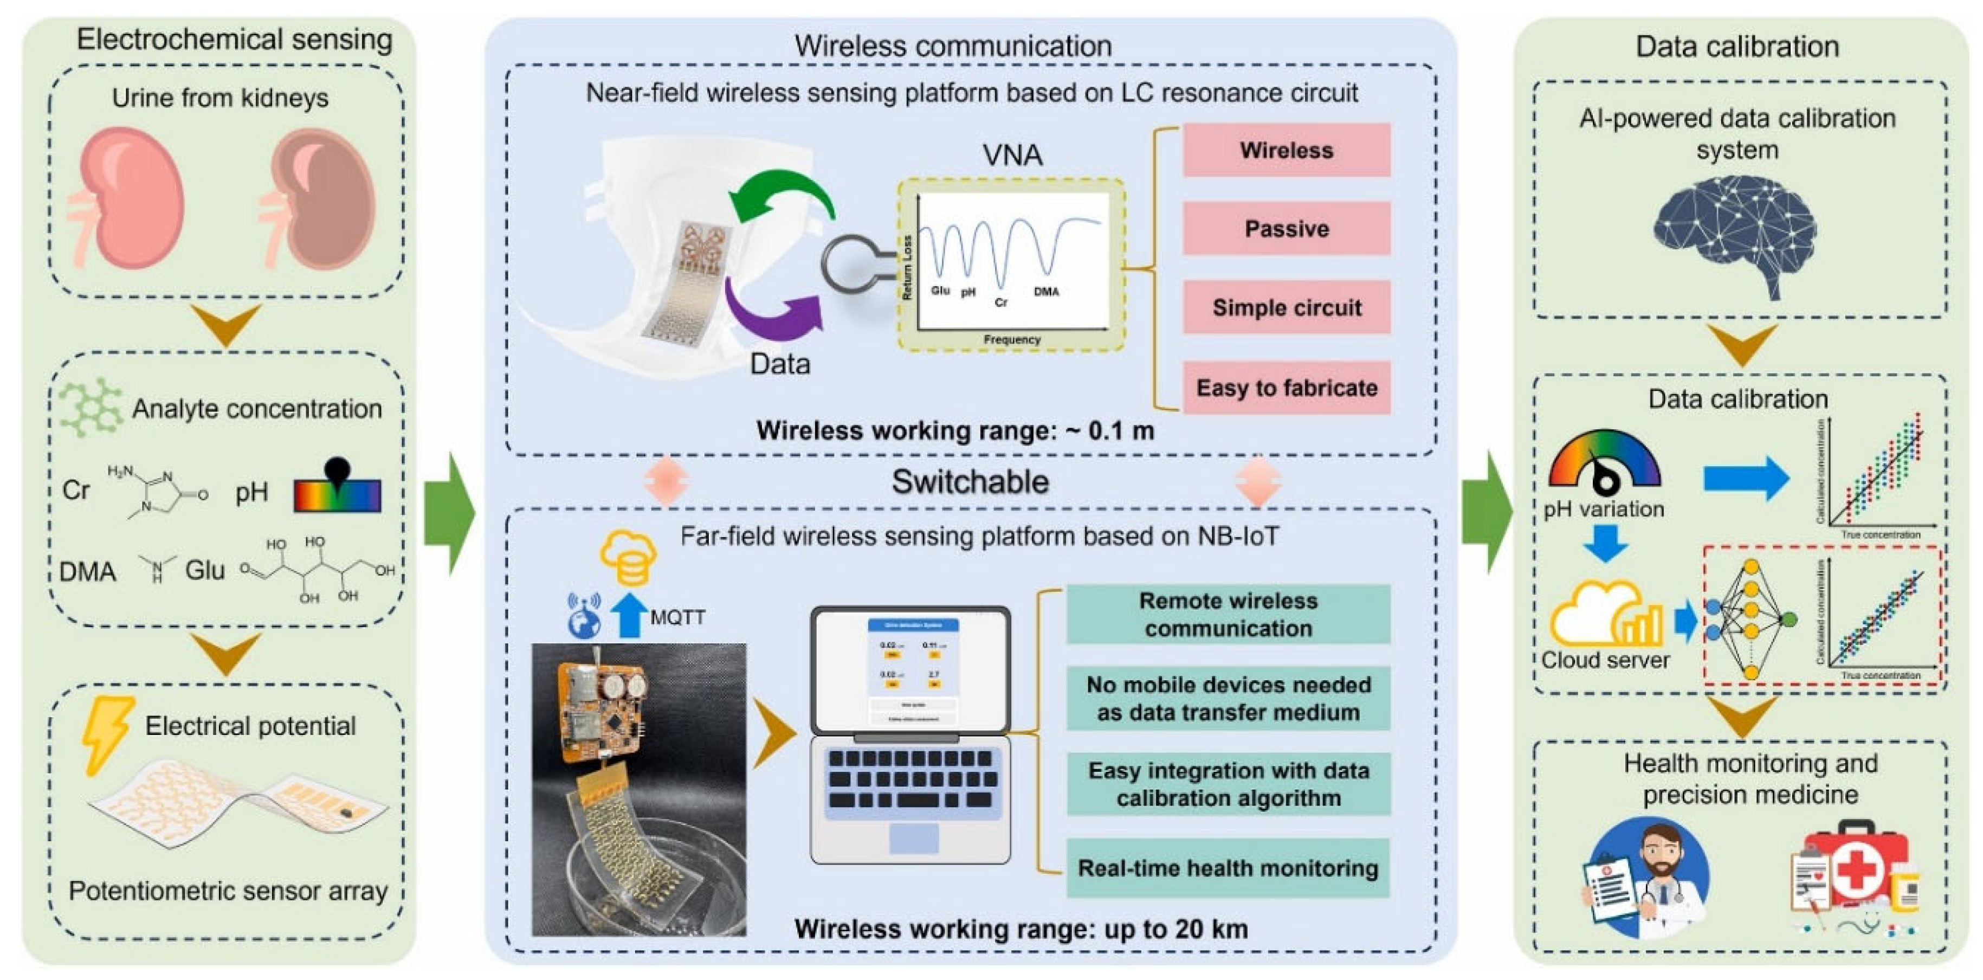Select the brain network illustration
click(1736, 231)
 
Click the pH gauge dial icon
click(1604, 462)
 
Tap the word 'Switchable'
click(970, 482)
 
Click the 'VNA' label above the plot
click(1012, 156)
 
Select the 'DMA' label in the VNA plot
click(1046, 292)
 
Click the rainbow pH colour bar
click(337, 495)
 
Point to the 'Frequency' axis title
click(1011, 339)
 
